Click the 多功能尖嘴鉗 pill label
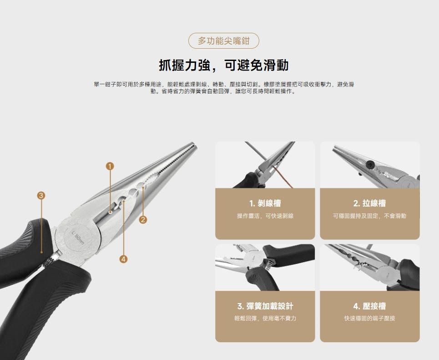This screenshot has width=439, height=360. point(224,41)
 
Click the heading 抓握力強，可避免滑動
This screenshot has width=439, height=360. point(224,66)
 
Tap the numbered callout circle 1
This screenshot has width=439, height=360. point(110,167)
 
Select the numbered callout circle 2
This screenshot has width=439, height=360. point(143,220)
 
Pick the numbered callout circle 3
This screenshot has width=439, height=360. point(41,195)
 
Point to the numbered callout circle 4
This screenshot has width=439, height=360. point(123,259)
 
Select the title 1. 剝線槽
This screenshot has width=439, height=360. point(265,203)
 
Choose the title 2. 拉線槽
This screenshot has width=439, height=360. point(369,203)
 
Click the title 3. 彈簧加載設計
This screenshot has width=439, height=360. point(265,306)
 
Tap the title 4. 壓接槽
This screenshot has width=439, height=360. point(369,306)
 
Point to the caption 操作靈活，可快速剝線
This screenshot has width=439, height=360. point(265,216)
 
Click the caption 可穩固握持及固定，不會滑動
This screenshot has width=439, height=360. point(369,216)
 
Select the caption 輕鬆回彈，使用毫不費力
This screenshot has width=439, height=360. point(265,318)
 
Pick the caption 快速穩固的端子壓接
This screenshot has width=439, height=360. point(369,318)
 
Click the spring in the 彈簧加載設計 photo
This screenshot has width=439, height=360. point(269,264)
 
